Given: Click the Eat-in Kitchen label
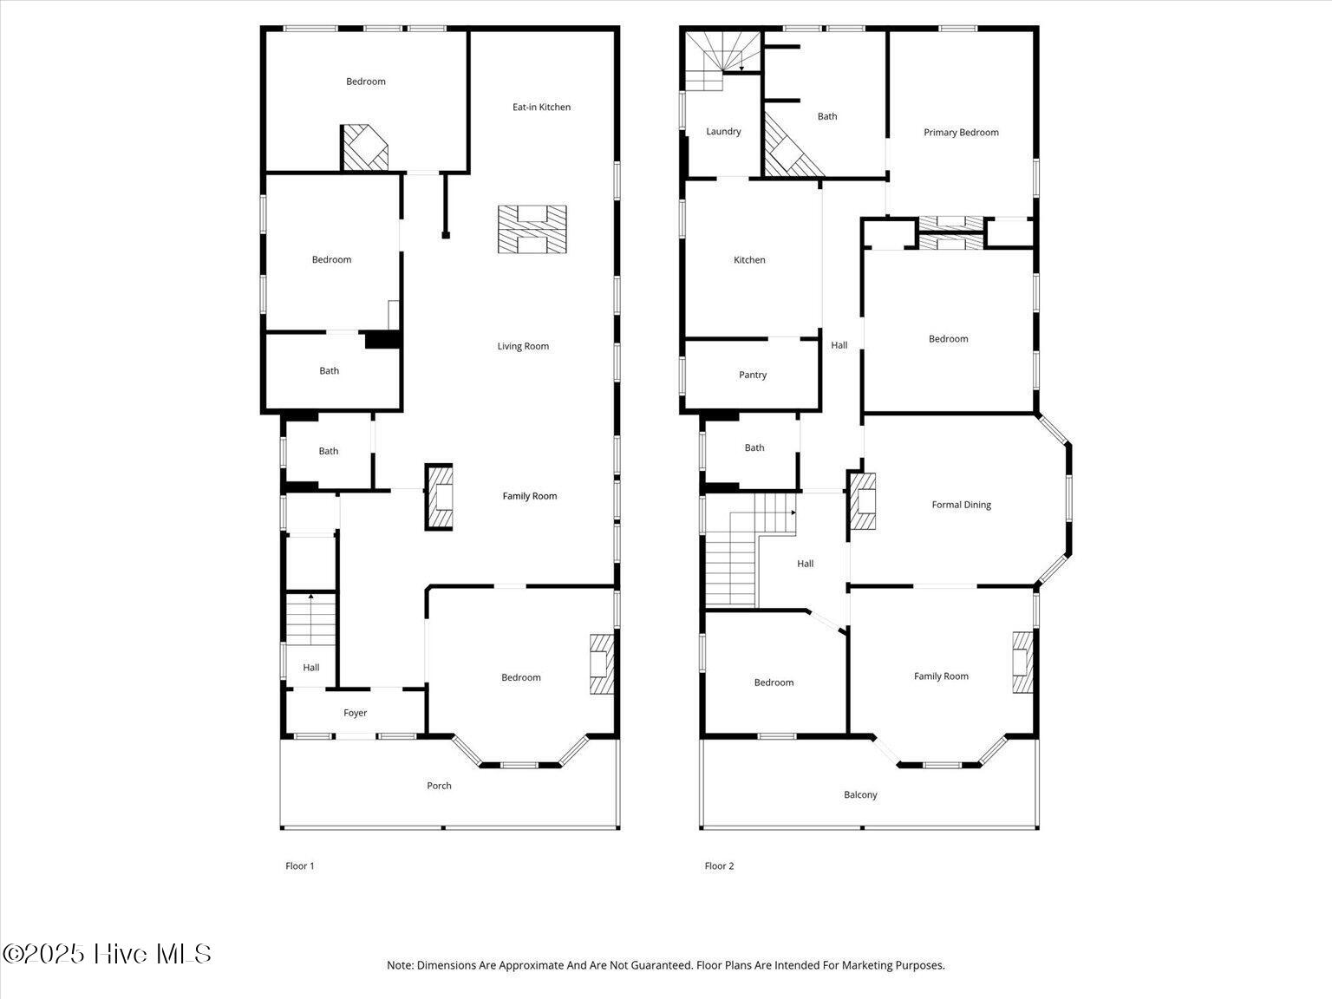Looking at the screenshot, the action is pos(541,107).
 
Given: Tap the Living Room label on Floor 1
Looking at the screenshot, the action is pos(523,346).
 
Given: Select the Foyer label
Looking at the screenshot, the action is pos(355,713).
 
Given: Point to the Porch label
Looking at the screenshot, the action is pos(439,786).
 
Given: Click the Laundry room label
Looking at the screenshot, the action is pos(723,131).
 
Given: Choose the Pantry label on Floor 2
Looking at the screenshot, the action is pos(753,375).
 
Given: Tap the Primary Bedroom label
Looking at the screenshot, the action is pos(961,132).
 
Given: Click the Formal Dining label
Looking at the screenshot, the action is pos(961,505).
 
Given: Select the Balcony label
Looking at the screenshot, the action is pos(860,794).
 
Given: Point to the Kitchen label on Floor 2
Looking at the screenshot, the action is pos(749,259).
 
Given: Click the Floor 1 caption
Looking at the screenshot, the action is pos(300,865).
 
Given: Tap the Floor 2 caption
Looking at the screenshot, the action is pos(719,865).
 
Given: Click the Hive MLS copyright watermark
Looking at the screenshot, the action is pos(107,954).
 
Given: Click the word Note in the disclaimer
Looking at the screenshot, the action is pos(399,965).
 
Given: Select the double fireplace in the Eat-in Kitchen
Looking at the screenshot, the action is pos(532,229).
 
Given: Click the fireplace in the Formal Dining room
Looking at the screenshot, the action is pos(862,501).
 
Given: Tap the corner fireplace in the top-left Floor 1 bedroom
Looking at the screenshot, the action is pos(364,147).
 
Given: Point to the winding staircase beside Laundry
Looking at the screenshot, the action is pos(721,60).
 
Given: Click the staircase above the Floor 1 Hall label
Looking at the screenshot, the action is pos(310,619).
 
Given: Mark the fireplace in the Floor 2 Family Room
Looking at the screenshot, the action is pos(1023,663).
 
